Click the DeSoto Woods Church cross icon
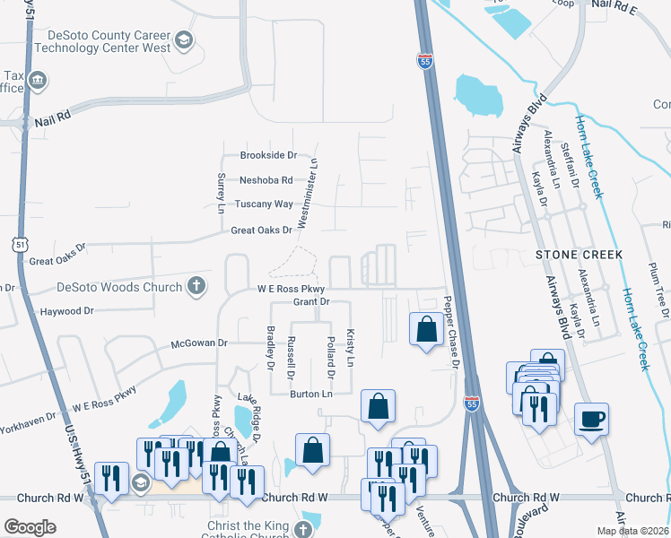[x=195, y=287]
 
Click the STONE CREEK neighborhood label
[x=579, y=255]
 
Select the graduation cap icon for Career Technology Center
[x=183, y=39]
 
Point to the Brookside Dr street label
[x=267, y=155]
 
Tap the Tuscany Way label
[x=264, y=204]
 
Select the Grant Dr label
[x=312, y=302]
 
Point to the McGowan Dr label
[x=199, y=343]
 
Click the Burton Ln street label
[x=310, y=394]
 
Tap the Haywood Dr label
[x=66, y=311]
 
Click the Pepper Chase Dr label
[x=452, y=333]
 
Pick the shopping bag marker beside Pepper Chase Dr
[x=424, y=329]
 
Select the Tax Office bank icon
[x=39, y=82]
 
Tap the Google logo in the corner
[x=30, y=527]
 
